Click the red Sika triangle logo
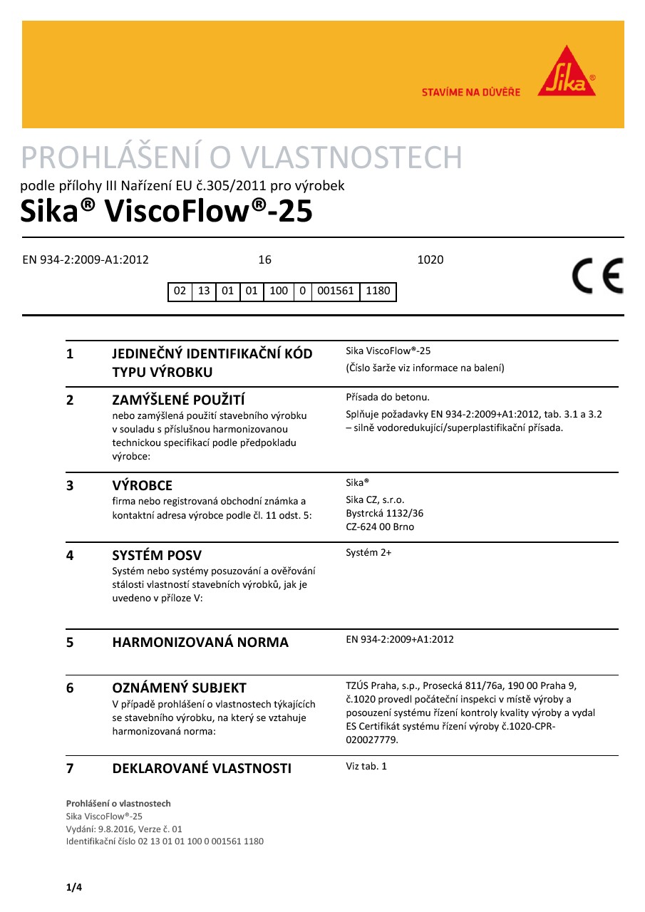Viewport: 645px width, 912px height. pyautogui.click(x=567, y=72)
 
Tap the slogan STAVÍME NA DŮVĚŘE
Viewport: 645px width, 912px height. pyautogui.click(x=470, y=92)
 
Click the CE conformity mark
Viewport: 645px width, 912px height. pyautogui.click(x=597, y=276)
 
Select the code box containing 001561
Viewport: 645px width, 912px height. pyautogui.click(x=335, y=291)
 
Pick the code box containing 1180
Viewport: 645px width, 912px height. pyautogui.click(x=378, y=291)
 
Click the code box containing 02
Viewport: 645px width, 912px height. pyautogui.click(x=180, y=291)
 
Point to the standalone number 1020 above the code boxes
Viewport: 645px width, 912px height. pyautogui.click(x=430, y=260)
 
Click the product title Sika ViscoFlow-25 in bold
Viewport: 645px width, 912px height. pyautogui.click(x=167, y=212)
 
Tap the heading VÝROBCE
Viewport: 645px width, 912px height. pyautogui.click(x=143, y=486)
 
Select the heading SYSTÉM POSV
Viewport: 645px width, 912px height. pyautogui.click(x=162, y=555)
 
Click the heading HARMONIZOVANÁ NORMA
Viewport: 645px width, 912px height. pyautogui.click(x=200, y=642)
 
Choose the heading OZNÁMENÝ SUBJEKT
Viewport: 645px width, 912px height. pyautogui.click(x=179, y=688)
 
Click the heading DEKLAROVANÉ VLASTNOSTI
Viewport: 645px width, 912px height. pyautogui.click(x=202, y=768)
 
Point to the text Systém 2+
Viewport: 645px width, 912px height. pyautogui.click(x=368, y=552)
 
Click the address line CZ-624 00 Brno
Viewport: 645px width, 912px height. pyautogui.click(x=379, y=527)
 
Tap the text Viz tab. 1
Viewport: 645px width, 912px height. pyautogui.click(x=366, y=767)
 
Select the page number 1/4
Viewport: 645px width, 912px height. pyautogui.click(x=74, y=887)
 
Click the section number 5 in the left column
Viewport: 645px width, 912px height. pyautogui.click(x=70, y=642)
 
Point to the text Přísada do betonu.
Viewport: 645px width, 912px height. pyautogui.click(x=387, y=397)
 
